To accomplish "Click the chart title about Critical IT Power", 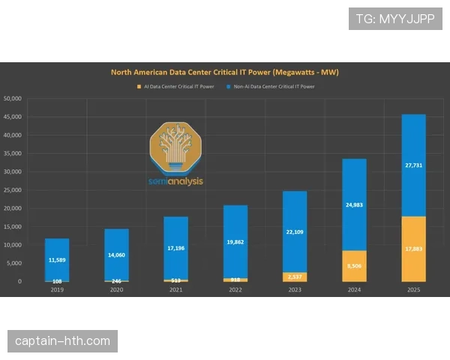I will click(x=225, y=72).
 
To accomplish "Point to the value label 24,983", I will click(x=354, y=204).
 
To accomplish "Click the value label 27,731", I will click(x=413, y=165).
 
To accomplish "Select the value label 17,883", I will click(x=413, y=249).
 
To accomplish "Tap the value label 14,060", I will click(x=116, y=255).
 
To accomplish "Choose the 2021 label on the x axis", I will click(x=176, y=289).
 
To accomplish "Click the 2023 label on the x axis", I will click(x=295, y=289).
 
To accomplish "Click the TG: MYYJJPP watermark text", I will click(x=395, y=18).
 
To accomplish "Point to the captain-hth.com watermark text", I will click(x=63, y=341).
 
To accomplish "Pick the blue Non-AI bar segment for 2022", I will click(x=235, y=225).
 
